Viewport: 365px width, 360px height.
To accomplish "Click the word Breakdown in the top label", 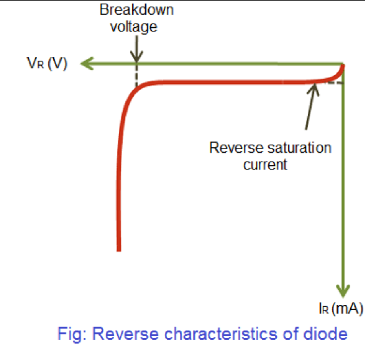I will (136, 10).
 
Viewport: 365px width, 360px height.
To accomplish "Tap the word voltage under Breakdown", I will (134, 26).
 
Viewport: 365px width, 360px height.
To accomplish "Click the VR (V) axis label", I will (47, 64).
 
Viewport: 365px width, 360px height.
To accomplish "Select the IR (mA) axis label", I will (341, 309).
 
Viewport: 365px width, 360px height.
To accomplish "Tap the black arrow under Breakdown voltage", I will (136, 49).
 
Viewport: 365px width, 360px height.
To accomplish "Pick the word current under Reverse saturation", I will (265, 165).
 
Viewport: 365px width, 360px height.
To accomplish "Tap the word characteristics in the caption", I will (222, 334).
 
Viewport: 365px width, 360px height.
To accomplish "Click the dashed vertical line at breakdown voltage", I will (136, 75).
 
